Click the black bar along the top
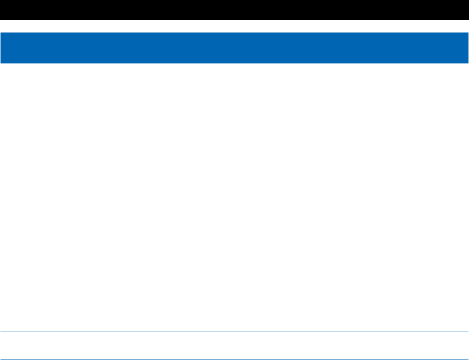(x=234, y=10)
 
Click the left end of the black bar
(x=2, y=10)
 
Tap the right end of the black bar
(x=466, y=10)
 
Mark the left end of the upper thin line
(x=2, y=332)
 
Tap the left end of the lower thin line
(x=2, y=359)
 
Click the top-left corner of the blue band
(x=1, y=33)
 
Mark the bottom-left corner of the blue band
(x=1, y=63)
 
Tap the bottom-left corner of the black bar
(x=1, y=20)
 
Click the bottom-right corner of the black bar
(x=468, y=20)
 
